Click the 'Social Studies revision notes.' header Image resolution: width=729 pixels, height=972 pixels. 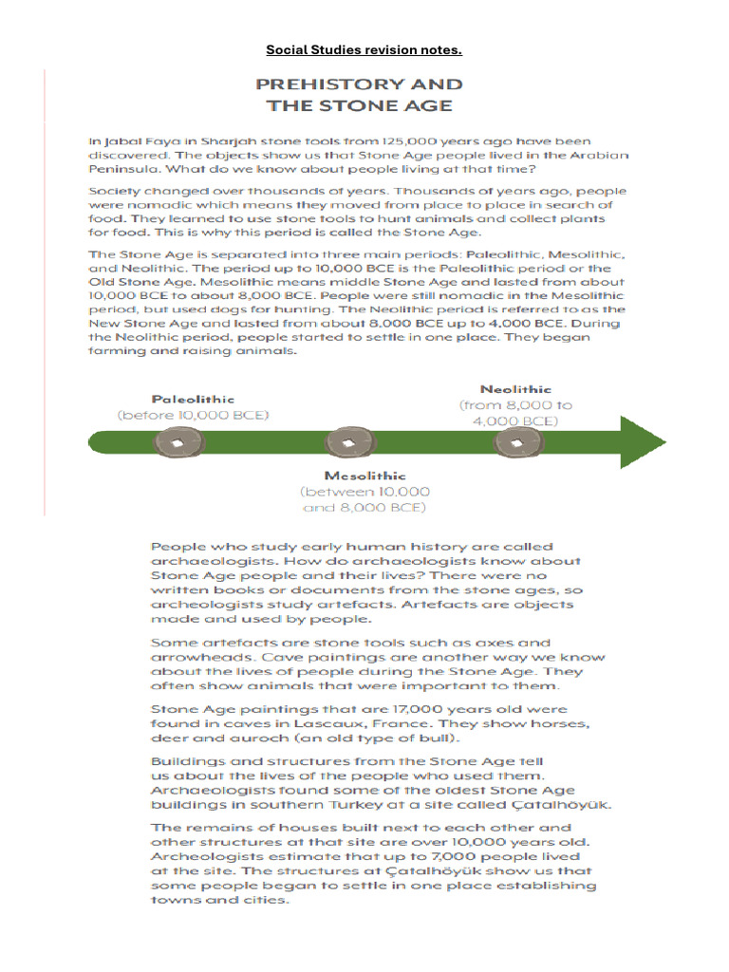coord(364,49)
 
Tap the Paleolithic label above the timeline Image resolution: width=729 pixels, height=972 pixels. coord(193,400)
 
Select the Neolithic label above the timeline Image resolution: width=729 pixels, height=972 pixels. coord(515,389)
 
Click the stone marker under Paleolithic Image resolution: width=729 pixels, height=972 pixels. coord(175,441)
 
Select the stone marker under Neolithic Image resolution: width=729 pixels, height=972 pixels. coord(516,442)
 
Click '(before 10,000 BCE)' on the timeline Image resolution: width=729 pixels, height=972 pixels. coord(193,416)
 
